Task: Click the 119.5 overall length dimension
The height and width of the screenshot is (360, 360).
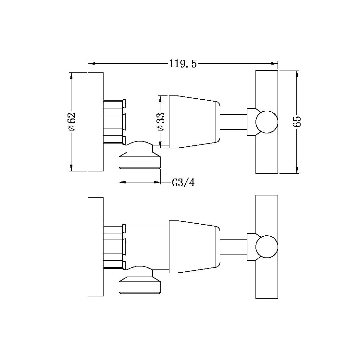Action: pos(183,64)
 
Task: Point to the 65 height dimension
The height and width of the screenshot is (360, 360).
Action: pos(297,122)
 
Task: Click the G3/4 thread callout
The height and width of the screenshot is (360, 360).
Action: pos(183,183)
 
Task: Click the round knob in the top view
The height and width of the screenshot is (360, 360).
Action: pos(267,122)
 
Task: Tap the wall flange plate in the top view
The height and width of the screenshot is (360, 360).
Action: pos(95,122)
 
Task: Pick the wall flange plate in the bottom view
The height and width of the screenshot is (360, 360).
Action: pos(95,247)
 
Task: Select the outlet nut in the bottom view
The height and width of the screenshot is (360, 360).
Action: pos(140,286)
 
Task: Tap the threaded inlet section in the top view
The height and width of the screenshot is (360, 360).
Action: pos(113,122)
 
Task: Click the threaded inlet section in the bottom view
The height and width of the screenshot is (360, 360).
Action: pos(113,247)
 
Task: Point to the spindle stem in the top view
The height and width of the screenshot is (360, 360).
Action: pos(234,122)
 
